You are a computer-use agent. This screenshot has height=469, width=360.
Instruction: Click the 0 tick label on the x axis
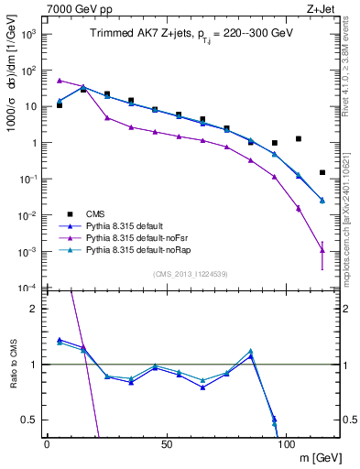pos(48,443)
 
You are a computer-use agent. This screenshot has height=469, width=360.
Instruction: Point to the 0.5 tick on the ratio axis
pos(29,420)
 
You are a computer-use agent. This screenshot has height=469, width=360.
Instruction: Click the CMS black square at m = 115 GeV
pos(322,172)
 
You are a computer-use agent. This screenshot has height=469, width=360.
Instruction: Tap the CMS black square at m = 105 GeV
pos(298,139)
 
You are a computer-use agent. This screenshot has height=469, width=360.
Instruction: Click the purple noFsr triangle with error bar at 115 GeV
pos(322,250)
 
